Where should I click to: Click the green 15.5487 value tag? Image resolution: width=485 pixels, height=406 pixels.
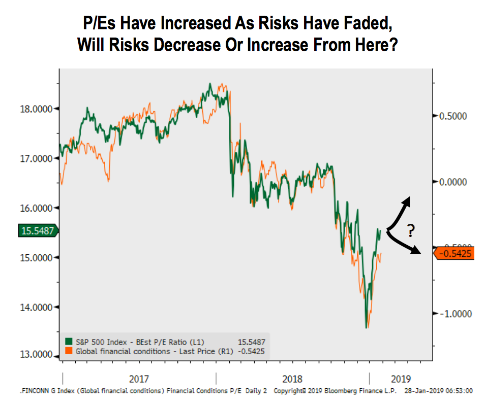[x=38, y=231]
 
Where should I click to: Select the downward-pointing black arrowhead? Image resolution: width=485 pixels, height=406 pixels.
[x=416, y=250]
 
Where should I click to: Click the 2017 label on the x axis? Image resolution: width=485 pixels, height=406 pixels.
[x=139, y=379]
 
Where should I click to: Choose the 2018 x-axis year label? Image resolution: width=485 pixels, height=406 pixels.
[x=292, y=379]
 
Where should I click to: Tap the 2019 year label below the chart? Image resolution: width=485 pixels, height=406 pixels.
[x=401, y=379]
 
